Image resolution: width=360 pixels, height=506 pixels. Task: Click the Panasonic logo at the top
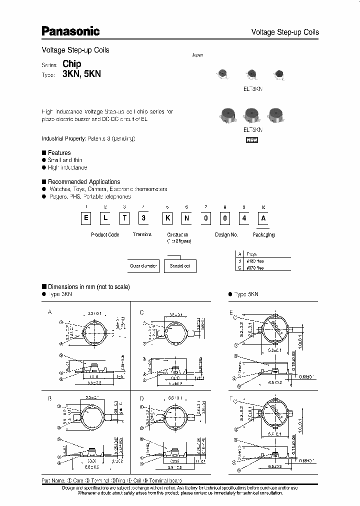pyautogui.click(x=70, y=31)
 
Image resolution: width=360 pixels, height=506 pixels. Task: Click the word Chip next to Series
pyautogui.click(x=72, y=63)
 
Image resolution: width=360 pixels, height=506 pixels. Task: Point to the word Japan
pyautogui.click(x=198, y=55)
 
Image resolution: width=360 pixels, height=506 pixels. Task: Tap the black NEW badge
pyautogui.click(x=252, y=140)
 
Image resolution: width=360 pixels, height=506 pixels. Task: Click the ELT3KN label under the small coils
pyautogui.click(x=252, y=88)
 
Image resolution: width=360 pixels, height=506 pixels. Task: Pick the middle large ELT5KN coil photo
pyautogui.click(x=252, y=116)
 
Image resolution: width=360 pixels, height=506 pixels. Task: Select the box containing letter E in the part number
pyautogui.click(x=86, y=219)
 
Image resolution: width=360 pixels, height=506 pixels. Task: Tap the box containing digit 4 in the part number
pyautogui.click(x=243, y=219)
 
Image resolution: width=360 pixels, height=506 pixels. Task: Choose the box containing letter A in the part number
pyautogui.click(x=264, y=219)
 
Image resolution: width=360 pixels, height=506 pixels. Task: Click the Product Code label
pyautogui.click(x=105, y=234)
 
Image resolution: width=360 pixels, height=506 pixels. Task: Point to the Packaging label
pyautogui.click(x=263, y=234)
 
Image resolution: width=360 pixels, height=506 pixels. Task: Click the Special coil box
pyautogui.click(x=180, y=266)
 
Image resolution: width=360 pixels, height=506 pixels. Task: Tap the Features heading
pyautogui.click(x=59, y=152)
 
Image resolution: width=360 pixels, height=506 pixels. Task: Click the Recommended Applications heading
pyautogui.click(x=83, y=181)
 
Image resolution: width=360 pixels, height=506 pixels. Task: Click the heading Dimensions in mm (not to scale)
pyautogui.click(x=88, y=286)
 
